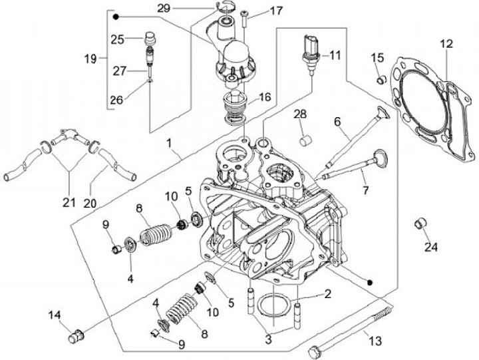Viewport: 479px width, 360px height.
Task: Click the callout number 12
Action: click(446, 44)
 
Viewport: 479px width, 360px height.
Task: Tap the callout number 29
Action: click(164, 8)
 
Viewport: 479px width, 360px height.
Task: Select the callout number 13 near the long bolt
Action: click(375, 341)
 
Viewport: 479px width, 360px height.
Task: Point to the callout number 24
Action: click(431, 247)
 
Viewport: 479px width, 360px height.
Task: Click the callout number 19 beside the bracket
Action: click(90, 59)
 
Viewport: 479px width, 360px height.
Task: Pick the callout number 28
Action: click(300, 114)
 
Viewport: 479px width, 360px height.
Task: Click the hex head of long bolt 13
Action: click(315, 353)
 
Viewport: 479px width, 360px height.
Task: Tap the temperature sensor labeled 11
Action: click(311, 55)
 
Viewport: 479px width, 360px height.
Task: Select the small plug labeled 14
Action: click(75, 337)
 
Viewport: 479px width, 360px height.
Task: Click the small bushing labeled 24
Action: click(420, 224)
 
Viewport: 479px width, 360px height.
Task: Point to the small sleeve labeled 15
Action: click(381, 80)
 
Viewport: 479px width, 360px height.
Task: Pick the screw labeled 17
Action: click(245, 19)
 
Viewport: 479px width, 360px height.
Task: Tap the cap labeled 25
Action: click(150, 38)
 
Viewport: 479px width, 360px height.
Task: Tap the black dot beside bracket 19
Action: click(116, 17)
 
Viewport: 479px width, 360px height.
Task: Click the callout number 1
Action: click(169, 143)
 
